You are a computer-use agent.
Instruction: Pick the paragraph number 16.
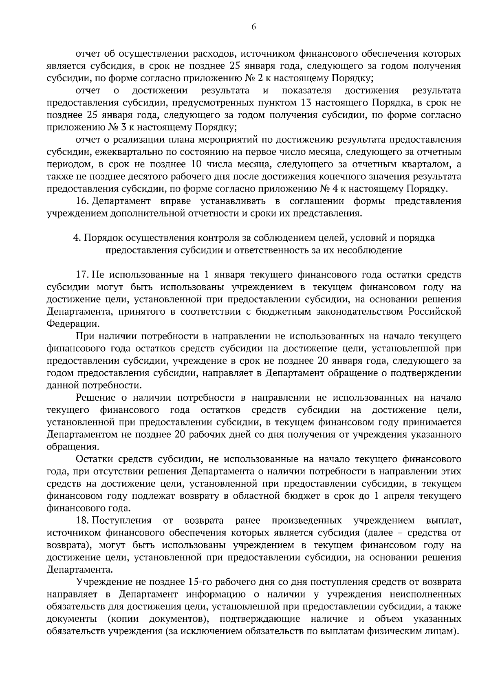tap(83, 201)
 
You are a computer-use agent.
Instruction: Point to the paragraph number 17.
tap(83, 275)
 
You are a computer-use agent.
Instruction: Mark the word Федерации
tap(73, 324)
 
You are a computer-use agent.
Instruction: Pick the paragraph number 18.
tap(83, 521)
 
